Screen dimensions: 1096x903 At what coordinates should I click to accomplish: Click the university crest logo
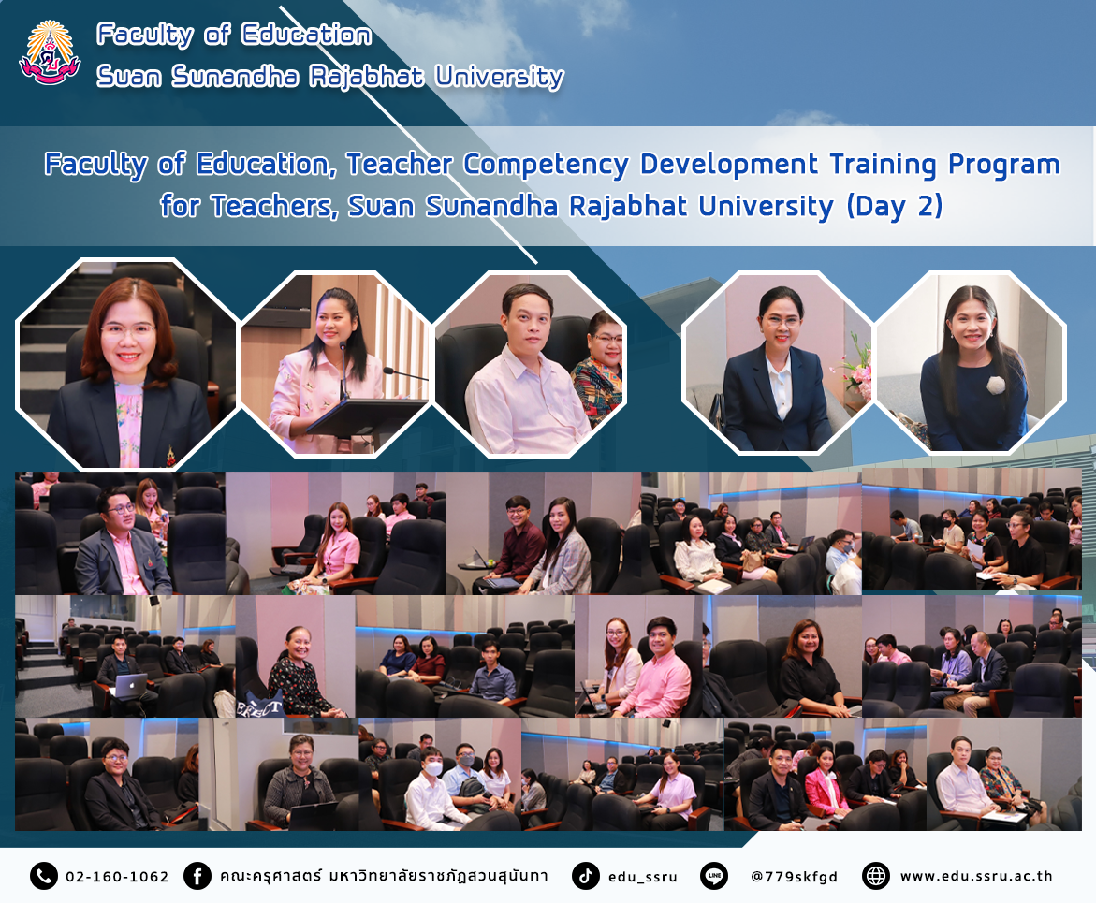[x=50, y=53]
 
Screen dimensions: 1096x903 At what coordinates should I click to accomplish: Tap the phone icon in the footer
[x=43, y=876]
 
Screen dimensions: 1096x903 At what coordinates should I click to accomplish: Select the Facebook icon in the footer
[x=197, y=876]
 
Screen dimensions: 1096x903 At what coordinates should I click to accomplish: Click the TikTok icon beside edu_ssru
[x=586, y=876]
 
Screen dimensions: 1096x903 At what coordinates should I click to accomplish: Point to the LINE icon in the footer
[x=713, y=876]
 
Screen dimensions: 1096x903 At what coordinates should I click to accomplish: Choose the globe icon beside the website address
[x=876, y=876]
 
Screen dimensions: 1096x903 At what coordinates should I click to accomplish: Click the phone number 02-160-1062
[x=117, y=877]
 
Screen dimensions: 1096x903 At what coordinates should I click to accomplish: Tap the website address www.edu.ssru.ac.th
[x=976, y=876]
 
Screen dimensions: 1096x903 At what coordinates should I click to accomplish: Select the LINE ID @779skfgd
[x=794, y=877]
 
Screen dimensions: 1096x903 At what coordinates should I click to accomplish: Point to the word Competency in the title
[x=546, y=165]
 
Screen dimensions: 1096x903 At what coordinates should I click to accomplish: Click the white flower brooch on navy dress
[x=995, y=385]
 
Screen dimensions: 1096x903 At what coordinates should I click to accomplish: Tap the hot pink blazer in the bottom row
[x=826, y=790]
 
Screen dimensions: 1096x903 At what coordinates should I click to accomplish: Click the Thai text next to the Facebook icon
[x=384, y=876]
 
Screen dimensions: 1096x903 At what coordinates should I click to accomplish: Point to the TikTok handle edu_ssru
[x=642, y=877]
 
